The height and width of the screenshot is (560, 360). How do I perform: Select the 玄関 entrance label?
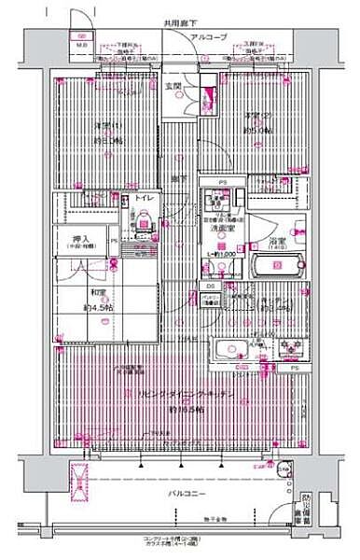pyautogui.click(x=173, y=87)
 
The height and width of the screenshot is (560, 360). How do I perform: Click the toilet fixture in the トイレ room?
pyautogui.click(x=145, y=217)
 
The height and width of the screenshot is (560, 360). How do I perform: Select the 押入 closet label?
pyautogui.click(x=81, y=239)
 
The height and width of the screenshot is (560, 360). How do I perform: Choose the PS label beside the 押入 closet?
pyautogui.click(x=114, y=241)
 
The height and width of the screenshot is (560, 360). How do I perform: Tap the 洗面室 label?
pyautogui.click(x=220, y=227)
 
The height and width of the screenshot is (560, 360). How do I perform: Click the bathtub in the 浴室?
pyautogui.click(x=276, y=265)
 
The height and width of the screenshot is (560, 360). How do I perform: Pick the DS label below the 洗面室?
pyautogui.click(x=211, y=285)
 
